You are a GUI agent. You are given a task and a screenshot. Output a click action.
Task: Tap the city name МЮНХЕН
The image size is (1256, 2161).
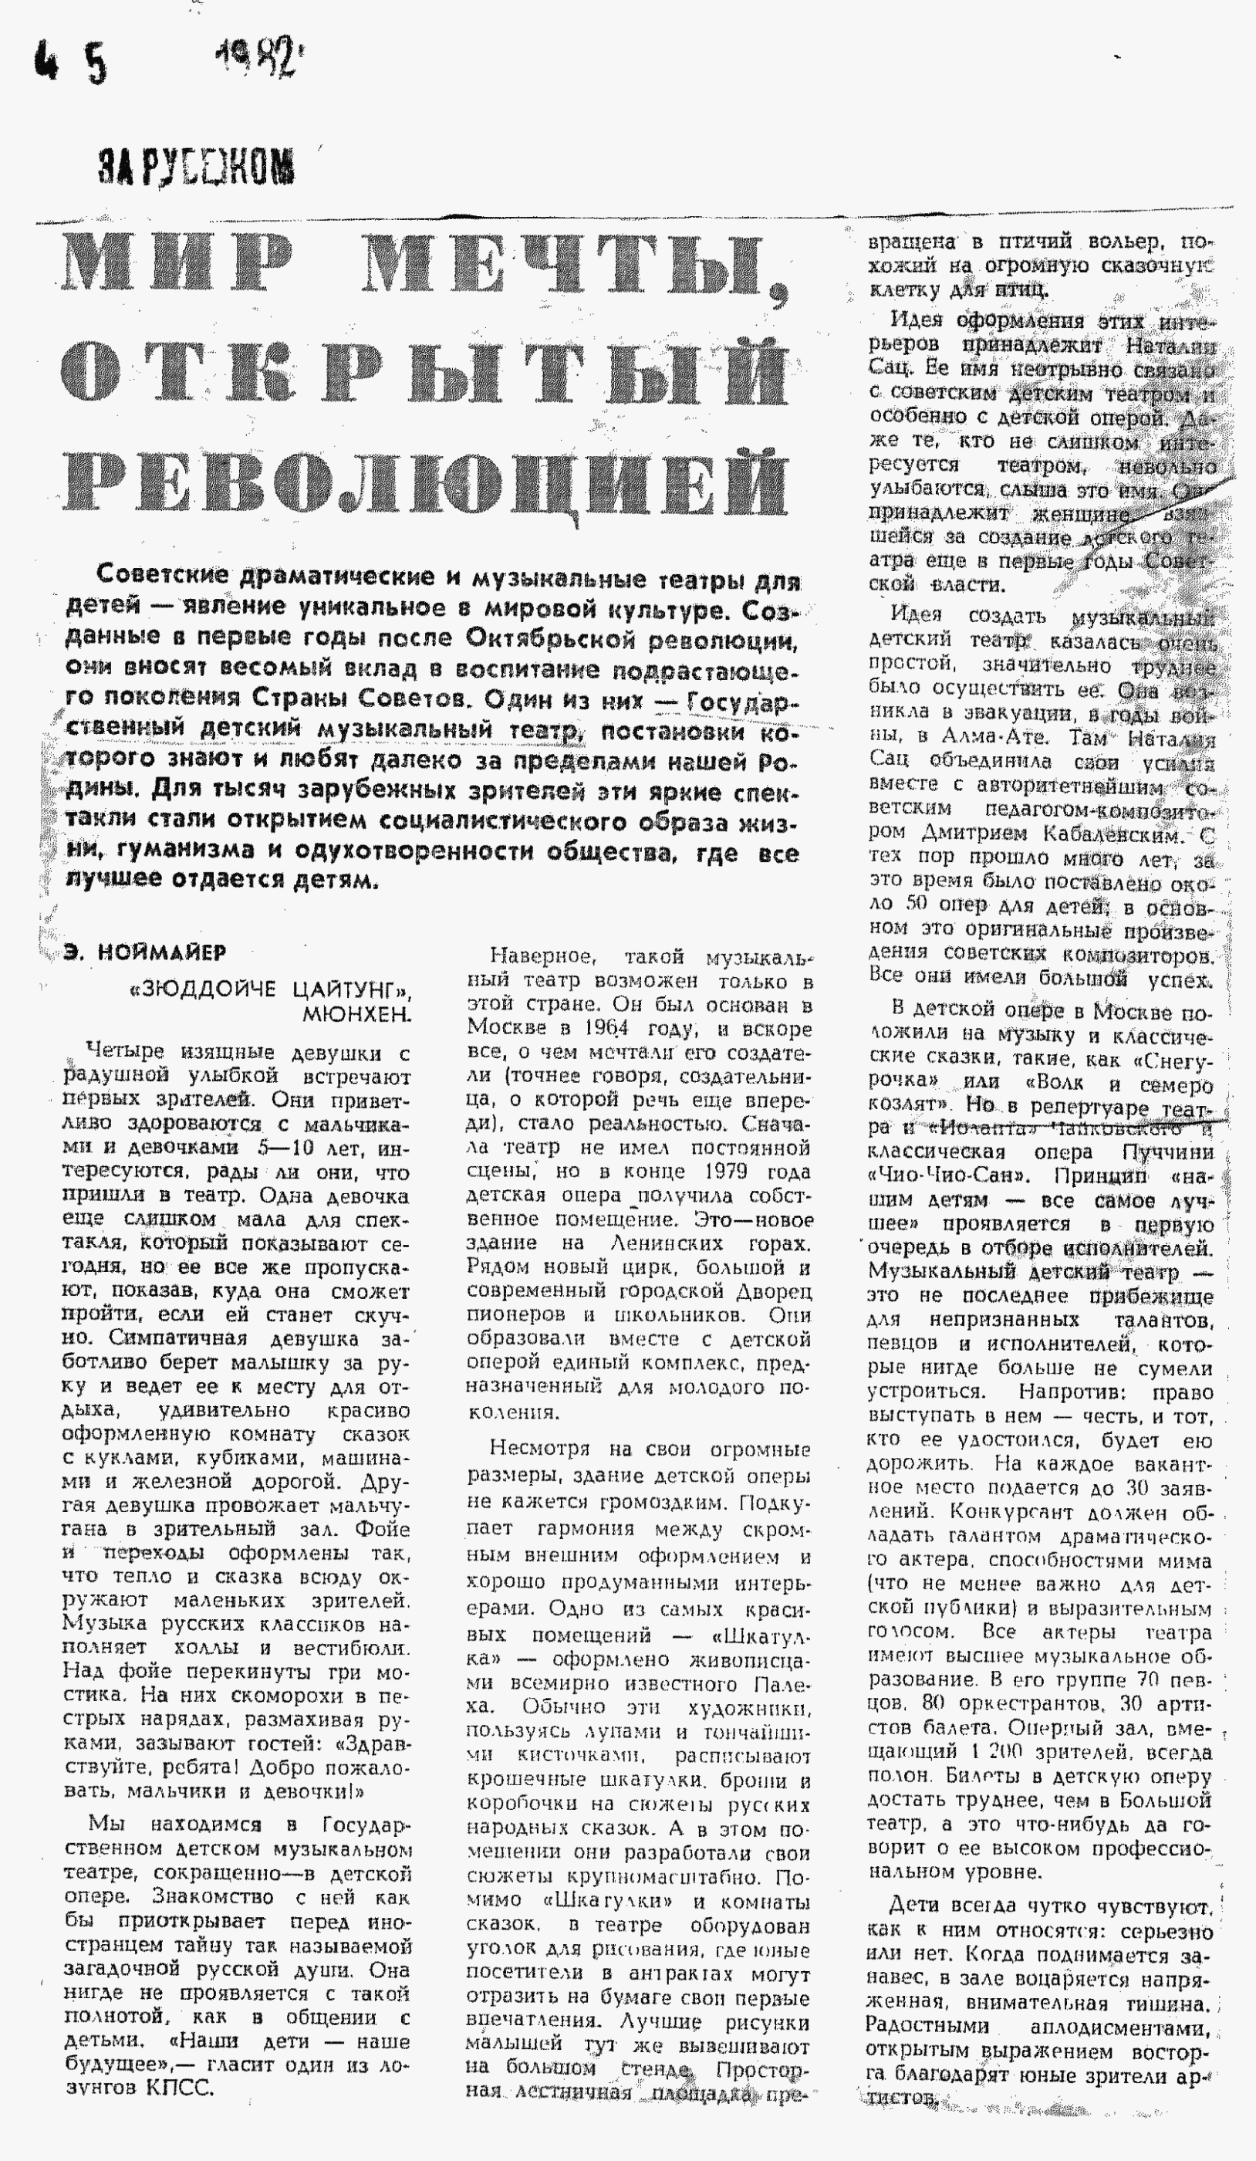point(356,1014)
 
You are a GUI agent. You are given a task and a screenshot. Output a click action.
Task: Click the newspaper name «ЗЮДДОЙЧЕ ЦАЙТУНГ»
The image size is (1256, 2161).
point(269,990)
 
